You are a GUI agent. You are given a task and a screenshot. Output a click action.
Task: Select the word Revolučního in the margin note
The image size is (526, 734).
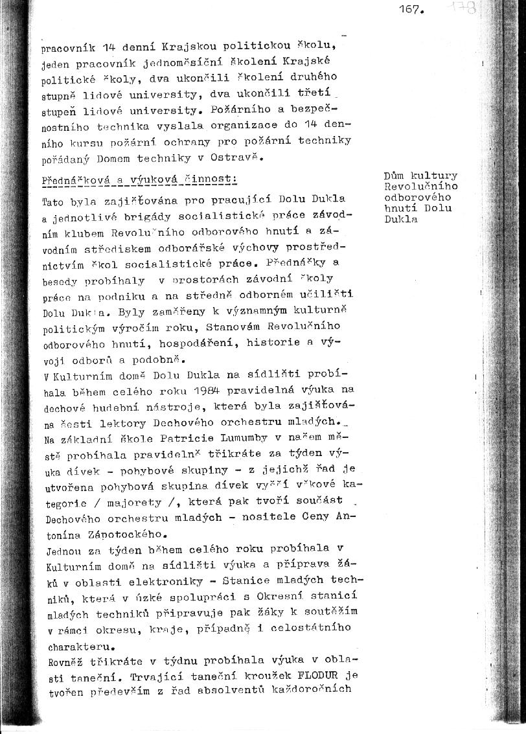420,187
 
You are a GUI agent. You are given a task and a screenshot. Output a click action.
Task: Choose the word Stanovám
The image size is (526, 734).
192,326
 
